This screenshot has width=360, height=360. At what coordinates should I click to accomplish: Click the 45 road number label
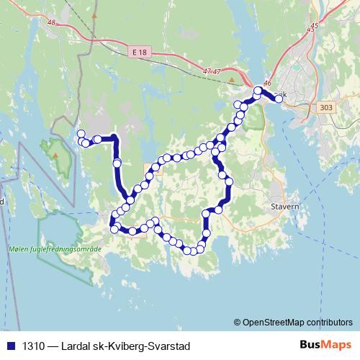click(x=312, y=27)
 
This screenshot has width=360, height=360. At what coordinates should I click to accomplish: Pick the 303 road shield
click(x=324, y=107)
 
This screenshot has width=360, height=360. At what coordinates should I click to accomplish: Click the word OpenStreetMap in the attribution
click(x=275, y=323)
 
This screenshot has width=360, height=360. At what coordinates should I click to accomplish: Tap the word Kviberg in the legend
click(x=128, y=346)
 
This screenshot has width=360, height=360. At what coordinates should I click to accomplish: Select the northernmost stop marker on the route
click(x=258, y=91)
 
